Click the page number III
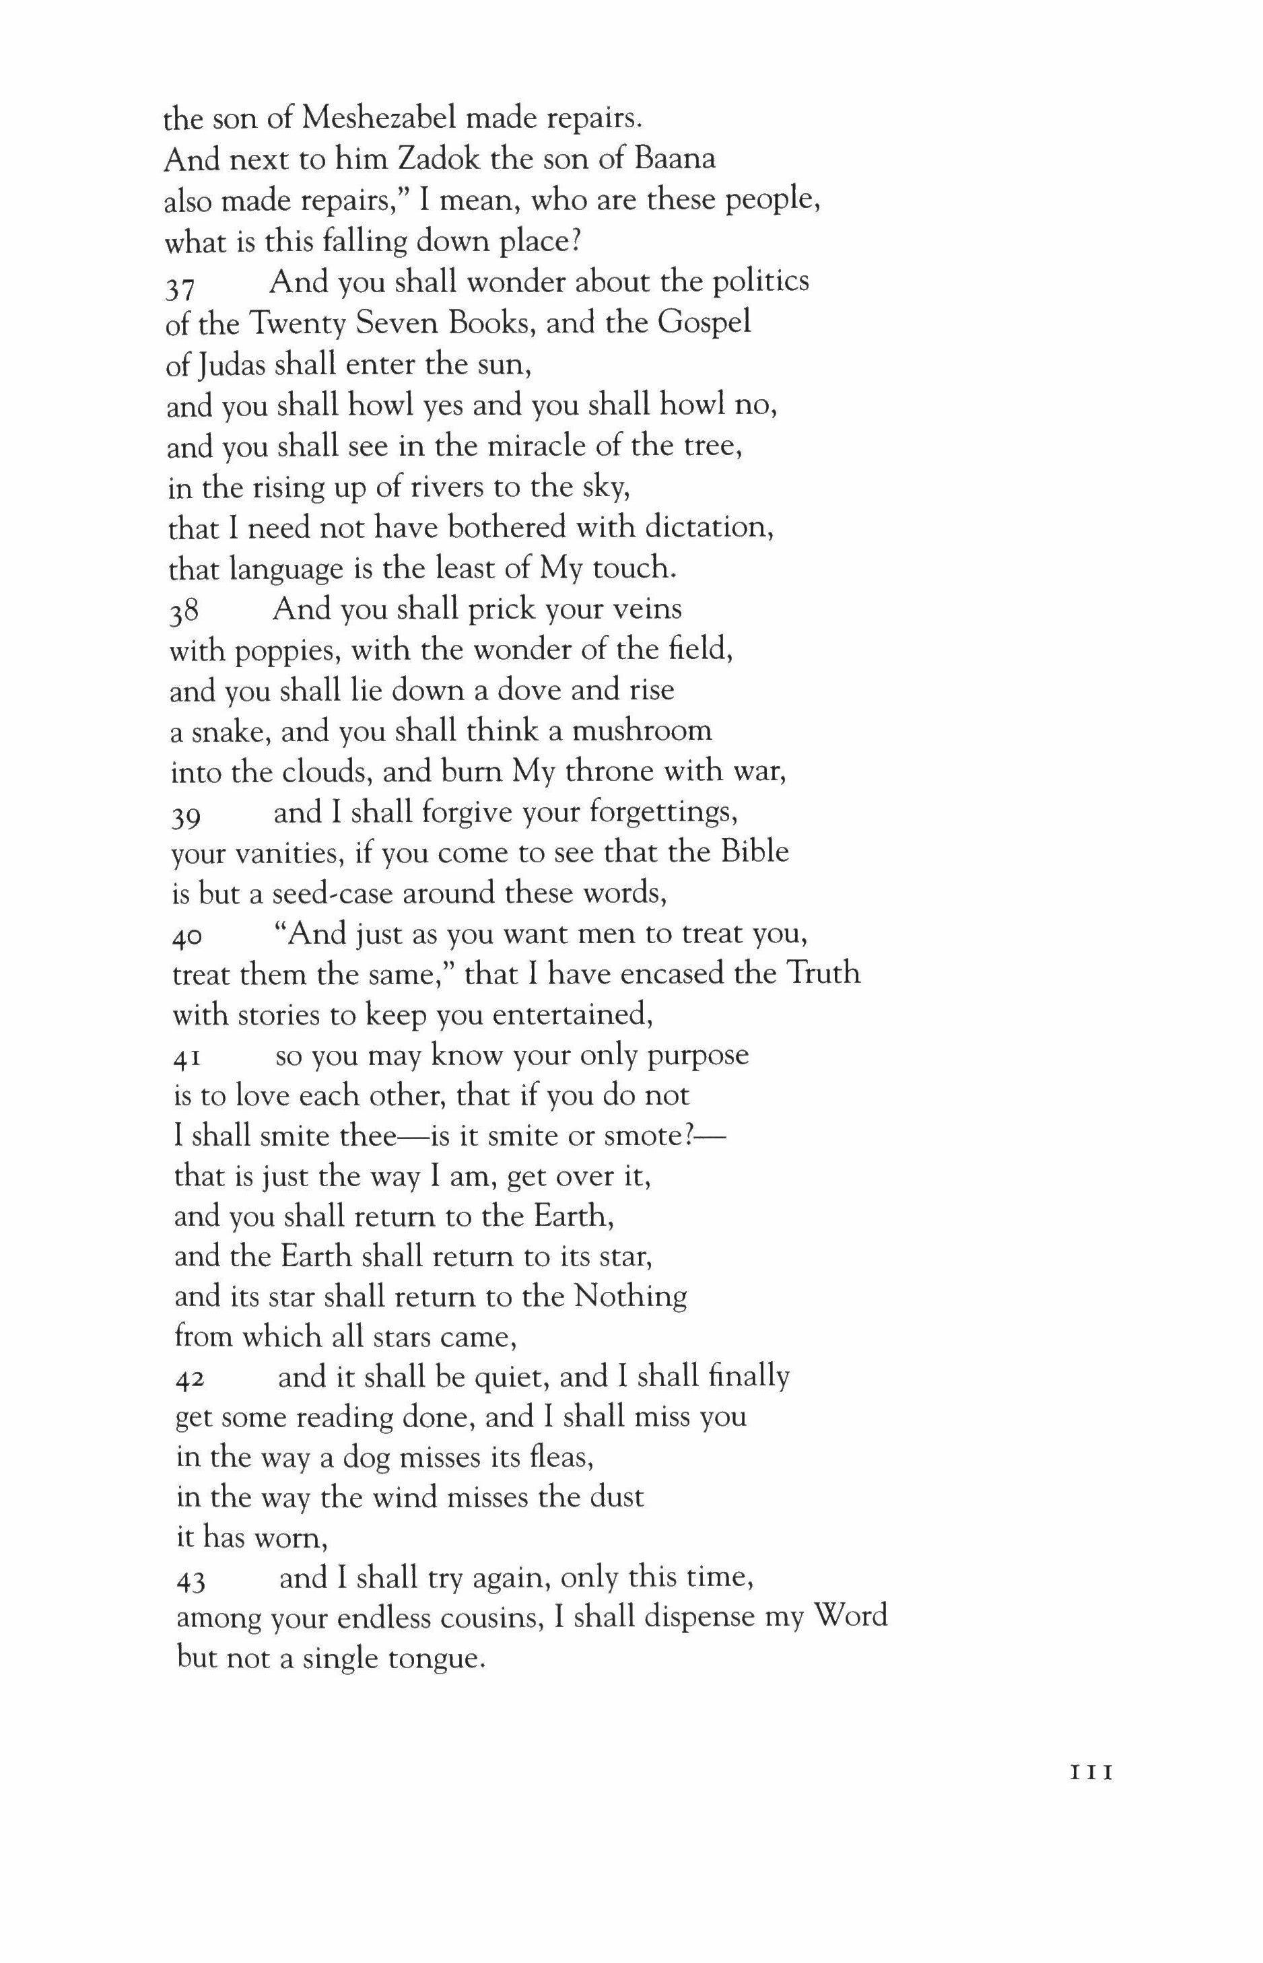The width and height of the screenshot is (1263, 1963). click(x=1091, y=1772)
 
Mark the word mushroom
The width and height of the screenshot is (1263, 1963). click(x=642, y=730)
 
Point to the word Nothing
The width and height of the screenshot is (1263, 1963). click(x=630, y=1297)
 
